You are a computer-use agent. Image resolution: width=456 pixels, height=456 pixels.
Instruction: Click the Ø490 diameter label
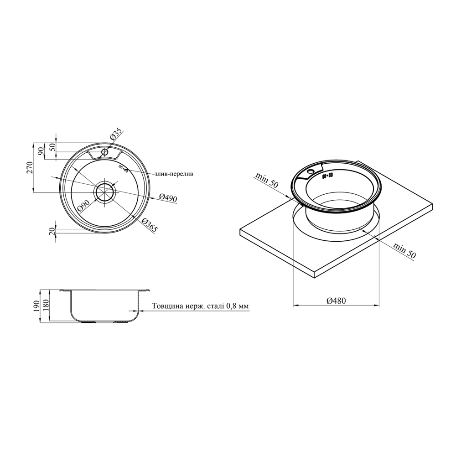coord(168,197)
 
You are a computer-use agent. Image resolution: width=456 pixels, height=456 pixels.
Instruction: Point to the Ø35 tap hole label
coord(115,134)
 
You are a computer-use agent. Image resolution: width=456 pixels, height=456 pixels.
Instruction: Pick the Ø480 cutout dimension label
coord(336,301)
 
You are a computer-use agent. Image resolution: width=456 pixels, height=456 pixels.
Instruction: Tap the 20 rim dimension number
coord(52,231)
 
